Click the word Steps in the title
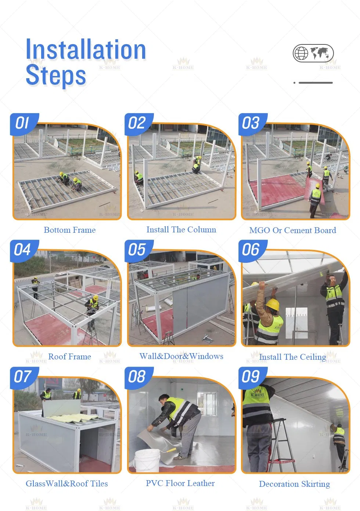click(x=56, y=75)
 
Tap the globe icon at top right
click(x=301, y=53)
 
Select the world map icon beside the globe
click(x=320, y=53)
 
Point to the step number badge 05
click(x=137, y=250)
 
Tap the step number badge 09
click(x=251, y=377)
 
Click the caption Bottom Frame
click(x=69, y=230)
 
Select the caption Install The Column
click(x=181, y=230)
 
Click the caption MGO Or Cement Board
click(x=292, y=231)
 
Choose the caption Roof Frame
click(x=69, y=357)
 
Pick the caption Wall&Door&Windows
click(x=181, y=356)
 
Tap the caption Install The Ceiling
click(x=292, y=357)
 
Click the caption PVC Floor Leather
click(x=180, y=483)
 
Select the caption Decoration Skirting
click(x=294, y=484)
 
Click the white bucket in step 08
click(x=147, y=460)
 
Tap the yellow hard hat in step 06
click(x=272, y=304)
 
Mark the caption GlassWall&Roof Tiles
click(x=67, y=484)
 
